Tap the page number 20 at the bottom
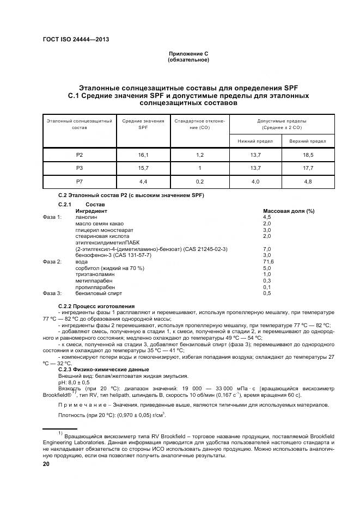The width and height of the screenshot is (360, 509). pyautogui.click(x=46, y=464)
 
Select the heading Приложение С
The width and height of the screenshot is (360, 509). pyautogui.click(x=188, y=54)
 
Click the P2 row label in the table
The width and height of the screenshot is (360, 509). pyautogui.click(x=80, y=155)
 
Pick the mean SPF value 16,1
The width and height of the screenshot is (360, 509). pyautogui.click(x=143, y=155)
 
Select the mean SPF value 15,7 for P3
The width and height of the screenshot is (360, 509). pyautogui.click(x=143, y=168)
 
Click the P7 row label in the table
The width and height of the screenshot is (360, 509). pyautogui.click(x=80, y=181)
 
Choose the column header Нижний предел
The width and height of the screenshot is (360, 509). pyautogui.click(x=255, y=141)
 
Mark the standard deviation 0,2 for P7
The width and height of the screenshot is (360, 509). pyautogui.click(x=199, y=181)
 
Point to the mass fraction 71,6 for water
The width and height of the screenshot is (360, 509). pyautogui.click(x=269, y=261)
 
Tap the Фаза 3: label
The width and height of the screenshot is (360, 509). pyautogui.click(x=52, y=293)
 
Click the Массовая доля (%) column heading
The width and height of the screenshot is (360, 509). pyautogui.click(x=289, y=211)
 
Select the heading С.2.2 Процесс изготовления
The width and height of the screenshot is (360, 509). pyautogui.click(x=96, y=306)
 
